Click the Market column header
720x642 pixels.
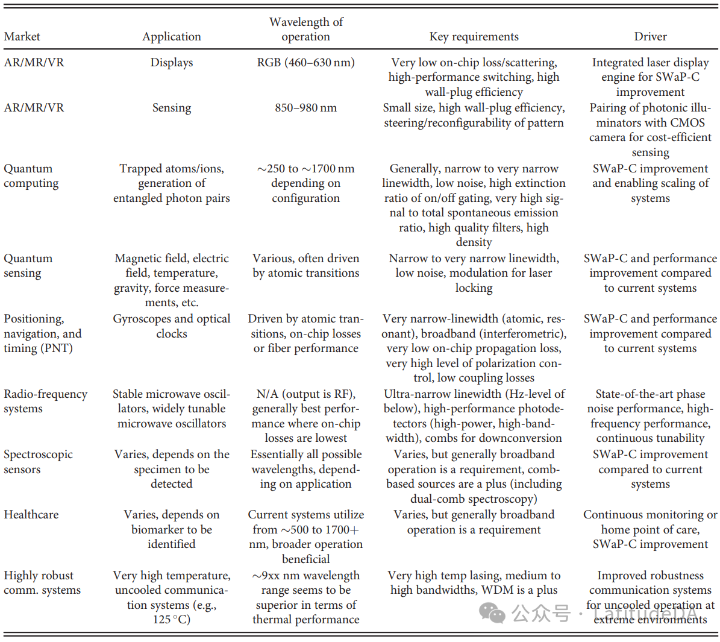tap(22, 37)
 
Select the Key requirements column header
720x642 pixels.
tap(474, 37)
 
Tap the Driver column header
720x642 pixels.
tap(650, 37)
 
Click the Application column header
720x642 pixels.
tap(172, 37)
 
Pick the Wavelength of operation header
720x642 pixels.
tap(305, 30)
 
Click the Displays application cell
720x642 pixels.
tap(172, 63)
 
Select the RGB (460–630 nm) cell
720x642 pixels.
tap(305, 63)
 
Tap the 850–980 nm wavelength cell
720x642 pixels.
tap(305, 108)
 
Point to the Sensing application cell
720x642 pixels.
tap(172, 108)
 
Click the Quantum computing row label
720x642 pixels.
tap(31, 176)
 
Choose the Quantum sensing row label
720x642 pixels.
tap(28, 266)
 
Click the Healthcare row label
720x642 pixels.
tap(31, 515)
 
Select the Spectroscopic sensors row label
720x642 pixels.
tap(38, 462)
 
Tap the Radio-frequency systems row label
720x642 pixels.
tap(45, 401)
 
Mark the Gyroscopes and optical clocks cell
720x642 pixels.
tap(172, 326)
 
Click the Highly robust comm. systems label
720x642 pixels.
tap(42, 583)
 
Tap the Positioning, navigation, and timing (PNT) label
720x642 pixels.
tap(42, 333)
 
